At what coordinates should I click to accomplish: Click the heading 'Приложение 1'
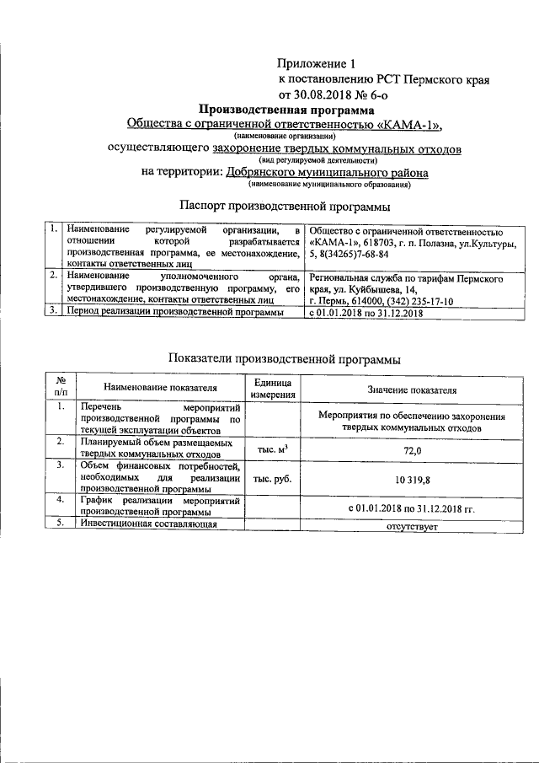(x=312, y=63)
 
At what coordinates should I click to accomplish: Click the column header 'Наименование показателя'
(x=160, y=388)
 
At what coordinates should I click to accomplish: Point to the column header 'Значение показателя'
(x=412, y=390)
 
